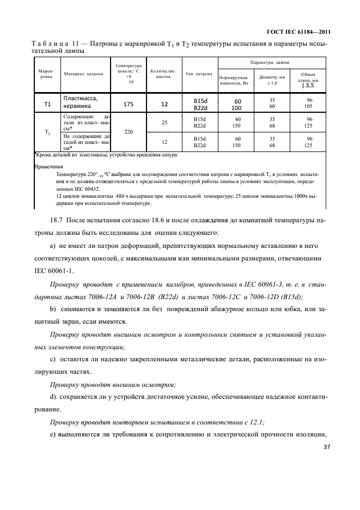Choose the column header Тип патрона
tap(199, 74)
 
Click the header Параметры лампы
tap(273, 63)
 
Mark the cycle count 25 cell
tap(163, 123)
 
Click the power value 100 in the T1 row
tap(237, 107)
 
